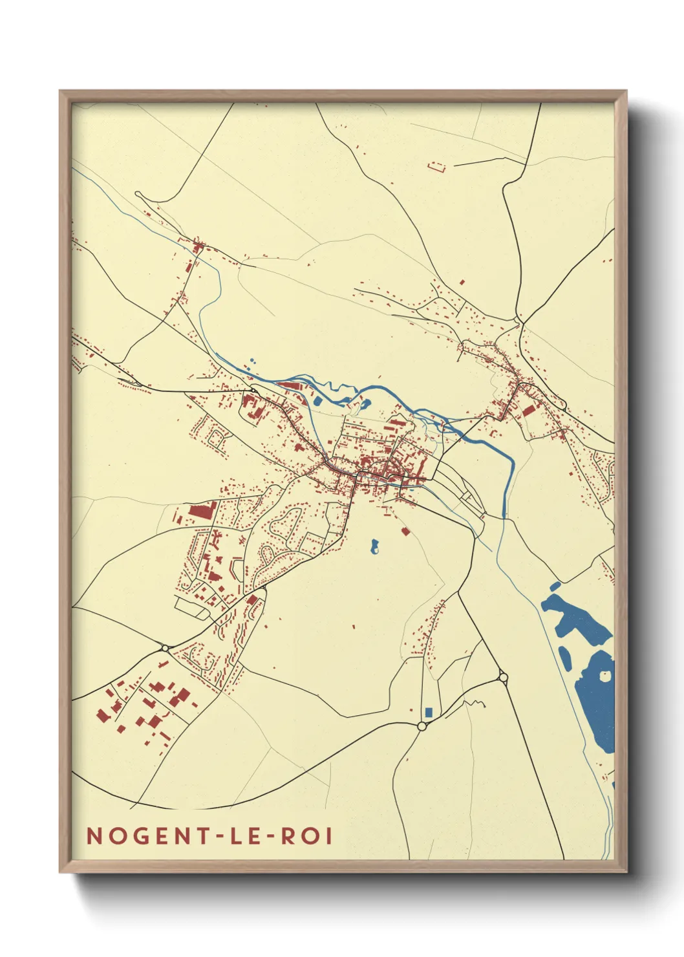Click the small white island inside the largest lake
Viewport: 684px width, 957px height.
click(605, 676)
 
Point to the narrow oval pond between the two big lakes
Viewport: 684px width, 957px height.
click(564, 657)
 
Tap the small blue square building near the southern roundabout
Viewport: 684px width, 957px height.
click(429, 712)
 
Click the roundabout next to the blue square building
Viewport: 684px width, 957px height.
click(422, 726)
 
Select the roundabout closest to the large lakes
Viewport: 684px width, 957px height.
click(503, 678)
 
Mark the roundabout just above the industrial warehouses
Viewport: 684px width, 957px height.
click(165, 648)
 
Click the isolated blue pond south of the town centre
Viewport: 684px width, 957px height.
click(374, 547)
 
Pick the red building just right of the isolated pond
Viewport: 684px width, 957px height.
click(405, 532)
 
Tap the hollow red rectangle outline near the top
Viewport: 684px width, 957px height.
click(438, 167)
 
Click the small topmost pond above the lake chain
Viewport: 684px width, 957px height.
click(555, 586)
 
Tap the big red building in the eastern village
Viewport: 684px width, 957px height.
click(529, 409)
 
